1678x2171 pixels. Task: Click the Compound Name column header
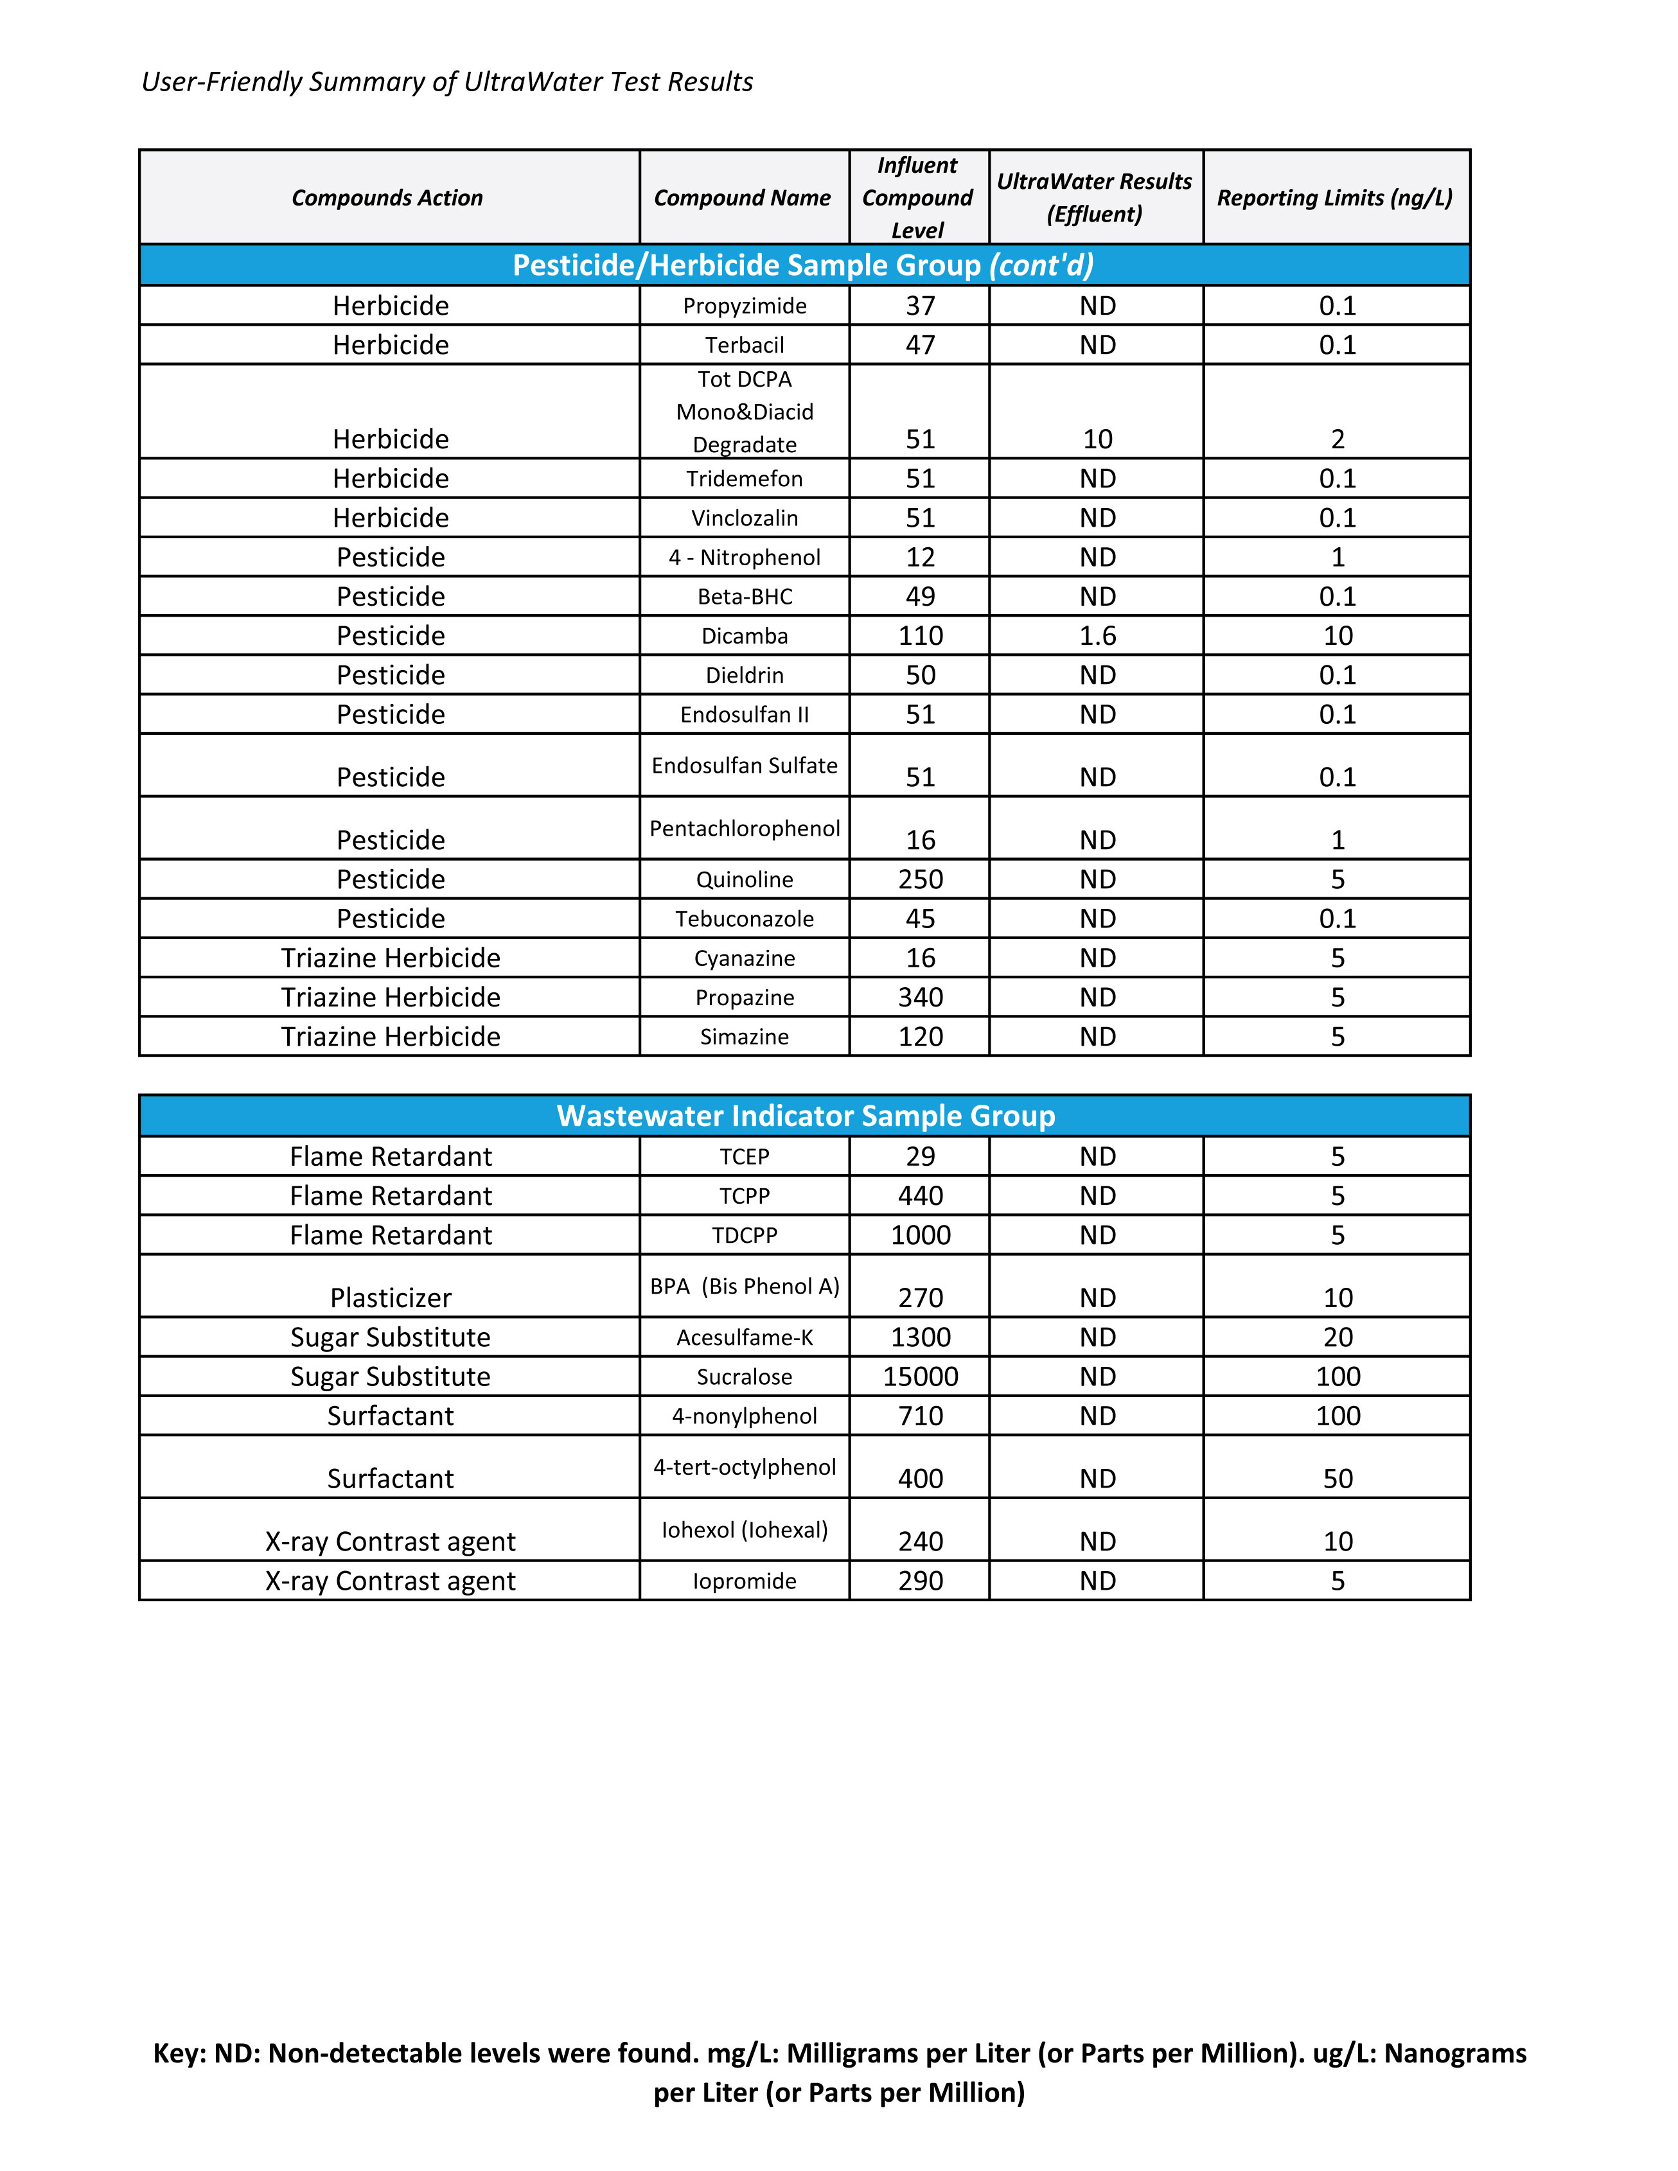click(x=743, y=198)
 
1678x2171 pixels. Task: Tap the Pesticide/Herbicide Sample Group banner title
click(x=803, y=265)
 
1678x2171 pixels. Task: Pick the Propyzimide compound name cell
click(x=745, y=306)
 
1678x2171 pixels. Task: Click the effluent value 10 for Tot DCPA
click(x=1097, y=439)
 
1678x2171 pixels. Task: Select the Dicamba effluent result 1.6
click(x=1097, y=636)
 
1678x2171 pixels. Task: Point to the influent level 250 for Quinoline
click(x=921, y=880)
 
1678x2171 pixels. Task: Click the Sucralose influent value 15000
click(x=921, y=1376)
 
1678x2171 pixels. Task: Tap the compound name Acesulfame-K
click(x=745, y=1338)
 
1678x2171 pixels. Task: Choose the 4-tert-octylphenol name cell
click(x=745, y=1467)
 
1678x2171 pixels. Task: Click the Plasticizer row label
click(x=391, y=1298)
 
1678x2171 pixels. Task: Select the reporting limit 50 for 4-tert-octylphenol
click(x=1337, y=1479)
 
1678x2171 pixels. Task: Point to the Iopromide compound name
click(x=745, y=1581)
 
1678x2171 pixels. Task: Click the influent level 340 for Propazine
click(x=921, y=998)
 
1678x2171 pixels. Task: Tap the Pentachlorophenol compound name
click(x=745, y=829)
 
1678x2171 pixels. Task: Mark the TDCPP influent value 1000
click(x=921, y=1236)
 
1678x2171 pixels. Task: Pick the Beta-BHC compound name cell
click(x=745, y=597)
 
